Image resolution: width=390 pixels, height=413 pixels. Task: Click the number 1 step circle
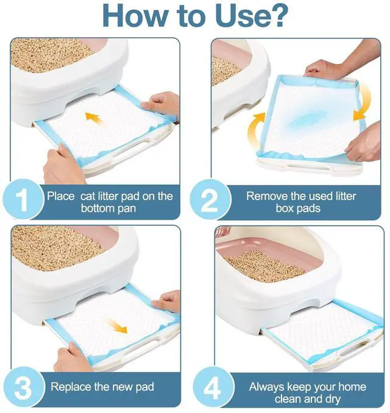click(23, 199)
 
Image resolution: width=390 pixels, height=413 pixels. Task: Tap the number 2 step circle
click(210, 199)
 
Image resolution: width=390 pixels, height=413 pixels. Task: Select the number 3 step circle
click(23, 387)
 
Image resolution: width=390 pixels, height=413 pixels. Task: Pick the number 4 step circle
click(213, 387)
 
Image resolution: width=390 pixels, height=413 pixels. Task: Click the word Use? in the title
click(251, 16)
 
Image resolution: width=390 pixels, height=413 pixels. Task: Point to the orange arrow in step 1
click(94, 118)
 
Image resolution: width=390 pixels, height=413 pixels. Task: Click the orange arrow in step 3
click(118, 326)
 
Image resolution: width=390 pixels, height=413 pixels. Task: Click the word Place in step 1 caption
click(61, 196)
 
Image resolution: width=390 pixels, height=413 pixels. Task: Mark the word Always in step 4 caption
click(266, 387)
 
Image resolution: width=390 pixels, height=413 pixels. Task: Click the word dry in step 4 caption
click(333, 400)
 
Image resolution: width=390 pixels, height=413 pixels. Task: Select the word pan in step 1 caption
click(127, 209)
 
